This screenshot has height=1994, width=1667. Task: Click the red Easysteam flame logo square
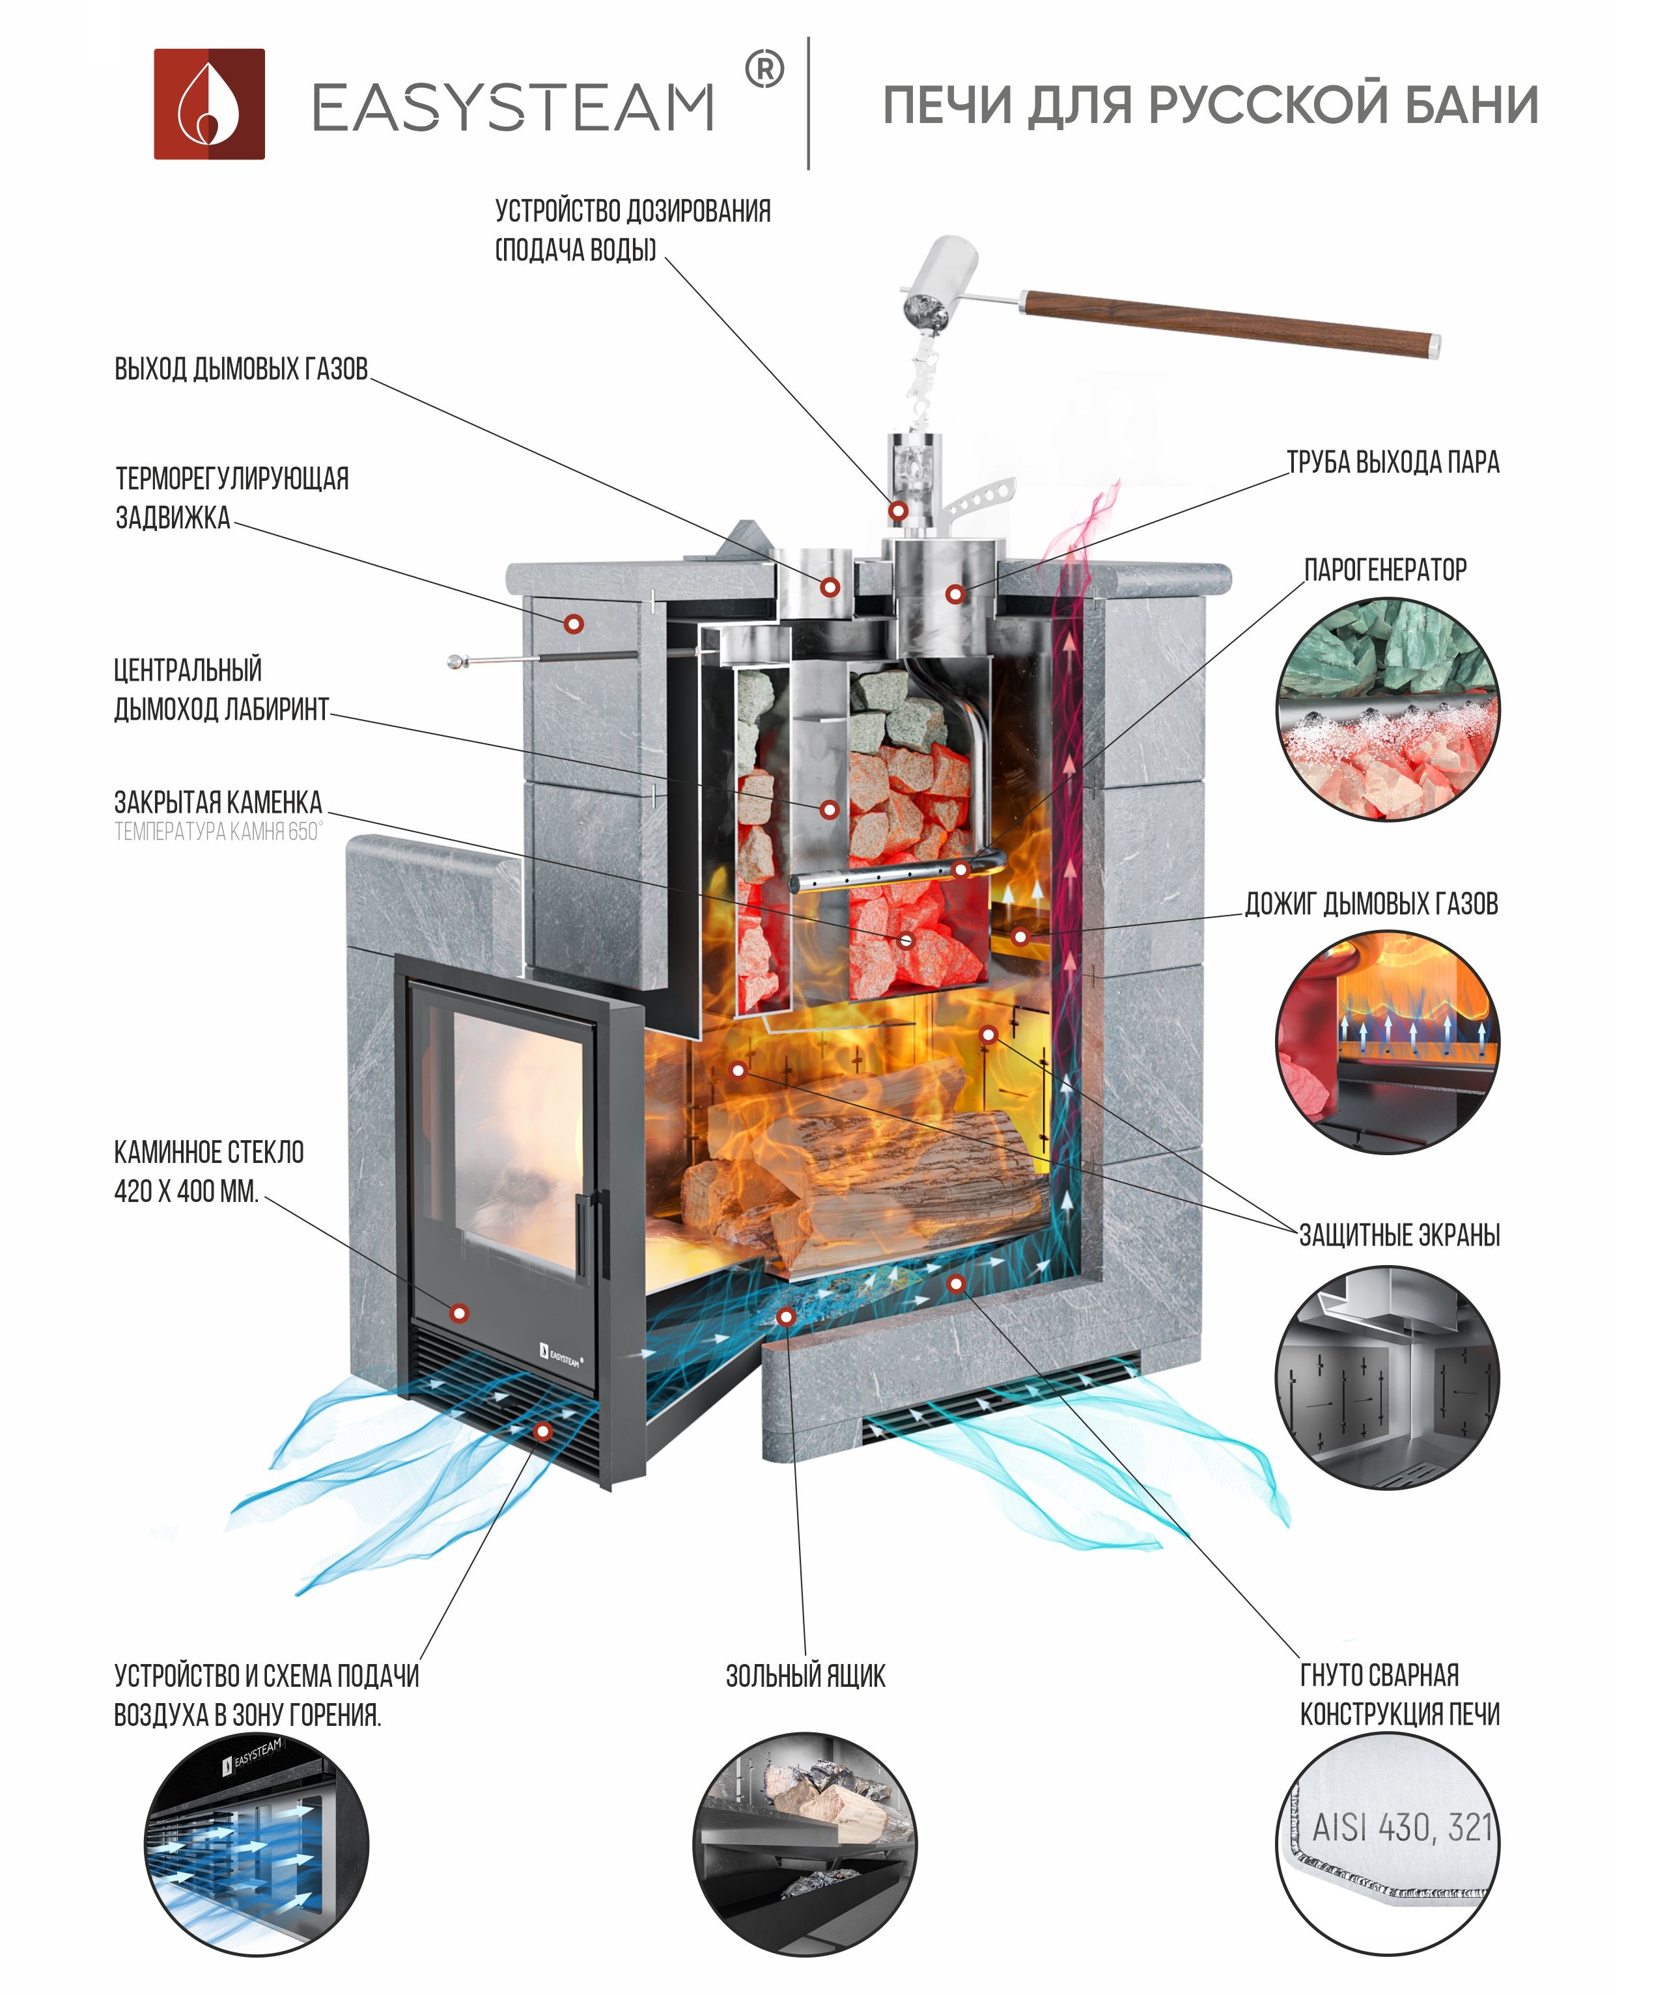209,103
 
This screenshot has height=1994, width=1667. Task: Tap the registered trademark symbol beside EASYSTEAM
764,70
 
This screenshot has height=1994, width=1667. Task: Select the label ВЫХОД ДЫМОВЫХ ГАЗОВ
242,370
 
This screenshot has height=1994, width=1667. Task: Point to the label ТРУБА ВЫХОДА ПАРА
1392,463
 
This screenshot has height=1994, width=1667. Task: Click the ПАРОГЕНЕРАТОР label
1385,569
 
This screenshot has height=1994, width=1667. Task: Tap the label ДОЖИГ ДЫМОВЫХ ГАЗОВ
1371,904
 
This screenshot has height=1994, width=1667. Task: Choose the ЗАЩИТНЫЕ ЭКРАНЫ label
1399,1235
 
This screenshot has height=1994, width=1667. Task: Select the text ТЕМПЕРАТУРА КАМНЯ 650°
218,832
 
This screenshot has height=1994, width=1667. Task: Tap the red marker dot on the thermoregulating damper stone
573,623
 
